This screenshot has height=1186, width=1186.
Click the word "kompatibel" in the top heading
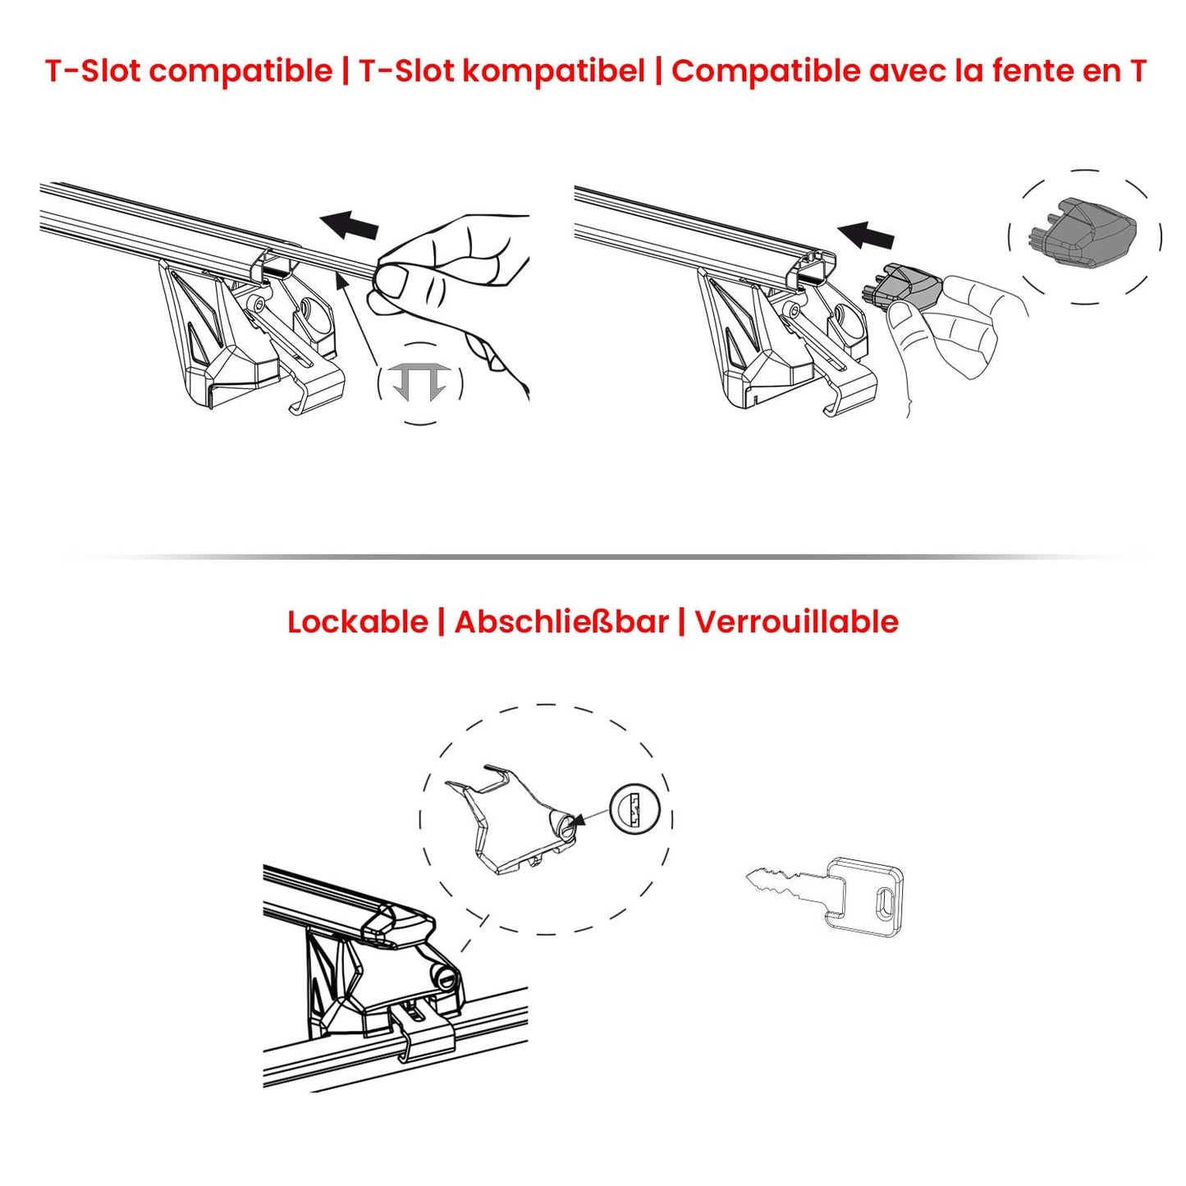pos(553,71)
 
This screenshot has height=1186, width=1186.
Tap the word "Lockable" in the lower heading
pos(357,622)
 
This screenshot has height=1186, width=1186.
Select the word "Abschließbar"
pos(561,622)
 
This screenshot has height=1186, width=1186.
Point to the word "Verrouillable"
pos(796,622)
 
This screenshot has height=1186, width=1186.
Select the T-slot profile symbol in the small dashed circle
pos(419,382)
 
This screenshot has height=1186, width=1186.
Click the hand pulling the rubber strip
pos(460,287)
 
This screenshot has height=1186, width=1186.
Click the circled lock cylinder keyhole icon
pos(635,810)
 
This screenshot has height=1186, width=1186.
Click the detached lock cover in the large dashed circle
pos(513,821)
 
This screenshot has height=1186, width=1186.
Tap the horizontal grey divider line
pos(607,556)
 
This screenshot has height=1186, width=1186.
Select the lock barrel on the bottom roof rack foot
pos(446,978)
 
